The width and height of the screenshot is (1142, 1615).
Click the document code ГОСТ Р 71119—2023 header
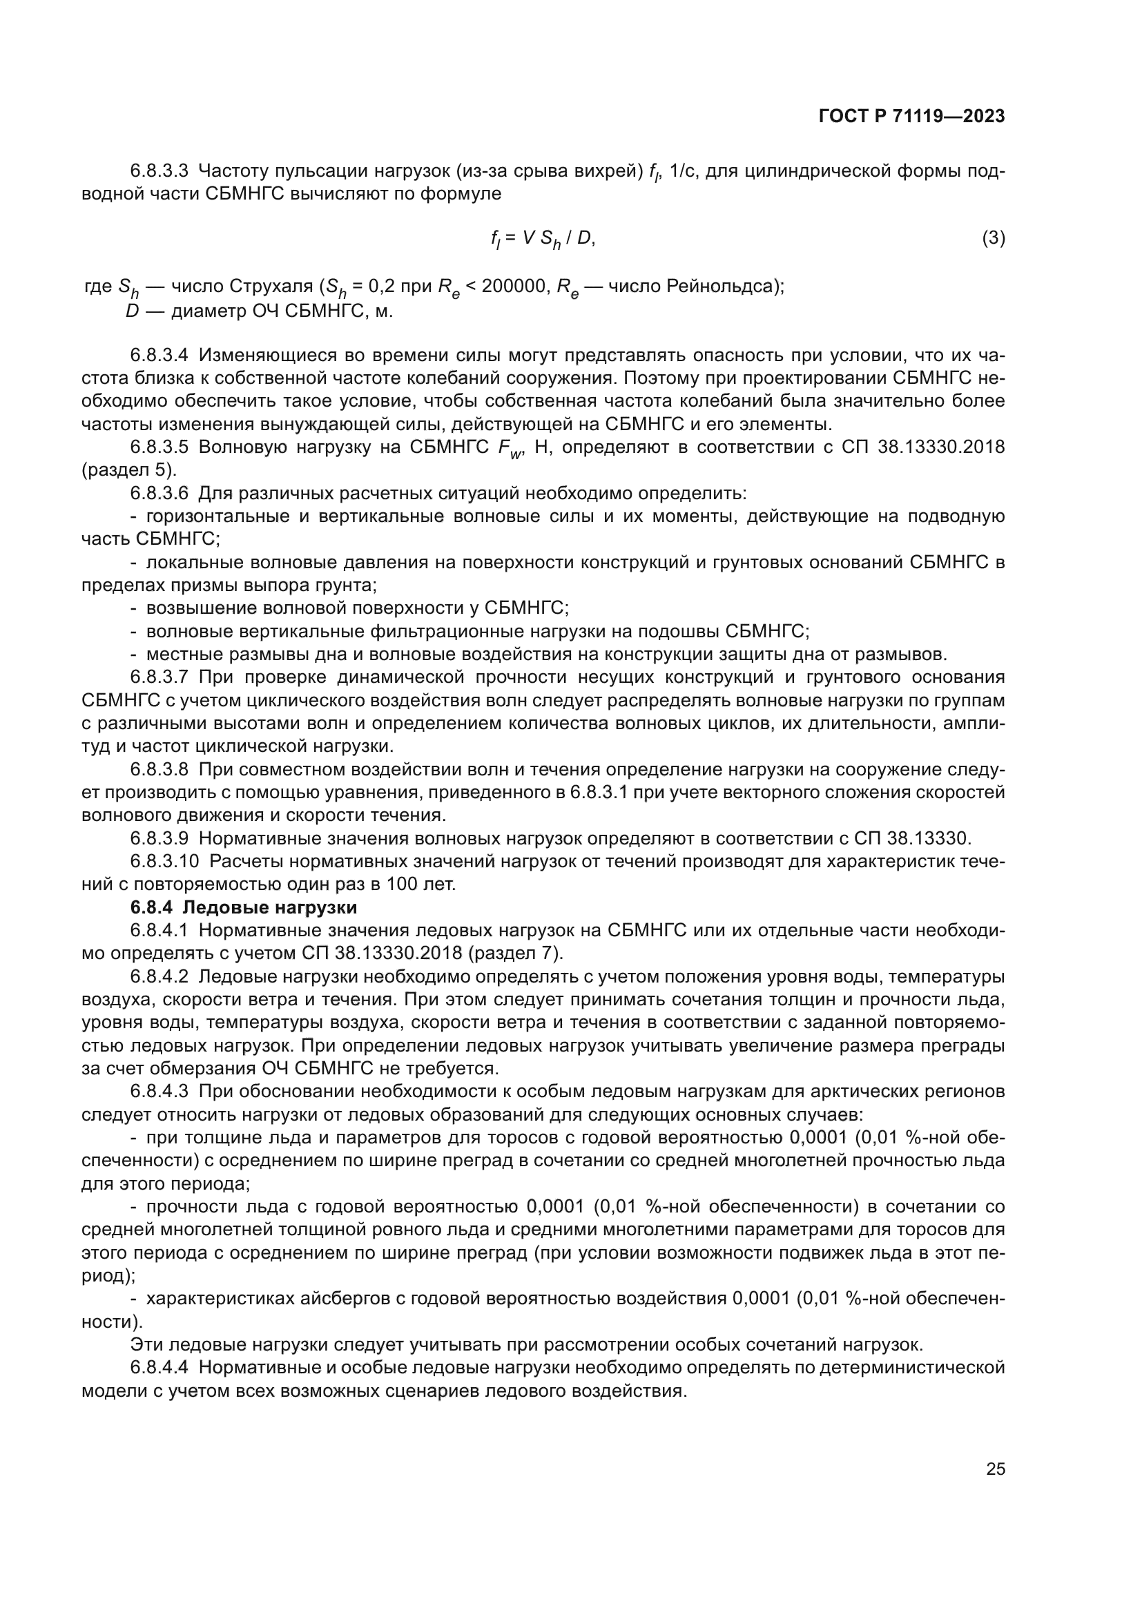pos(911,117)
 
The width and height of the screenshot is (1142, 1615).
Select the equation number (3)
pos(993,238)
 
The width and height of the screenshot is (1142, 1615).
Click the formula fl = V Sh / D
pos(542,239)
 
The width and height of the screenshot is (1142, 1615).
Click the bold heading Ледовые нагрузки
pos(275,907)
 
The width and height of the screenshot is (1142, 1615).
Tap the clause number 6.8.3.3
pos(159,171)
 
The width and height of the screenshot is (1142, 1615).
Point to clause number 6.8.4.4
pos(159,1367)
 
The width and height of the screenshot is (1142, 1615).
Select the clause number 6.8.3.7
pos(159,677)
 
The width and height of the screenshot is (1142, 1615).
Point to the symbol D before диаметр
pos(132,310)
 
